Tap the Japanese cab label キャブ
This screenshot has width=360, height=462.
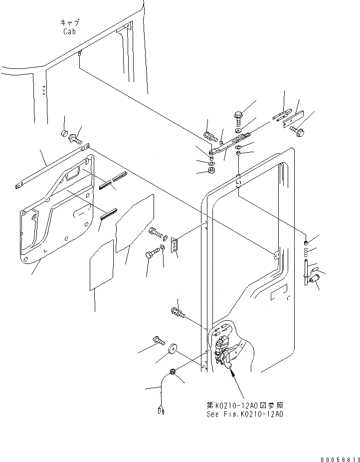[x=70, y=22]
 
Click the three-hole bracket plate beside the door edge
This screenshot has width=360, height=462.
[x=175, y=246]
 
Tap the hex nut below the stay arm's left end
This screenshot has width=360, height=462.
[x=211, y=171]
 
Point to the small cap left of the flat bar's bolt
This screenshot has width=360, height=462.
[x=64, y=133]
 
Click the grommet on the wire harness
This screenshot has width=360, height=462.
[x=172, y=372]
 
